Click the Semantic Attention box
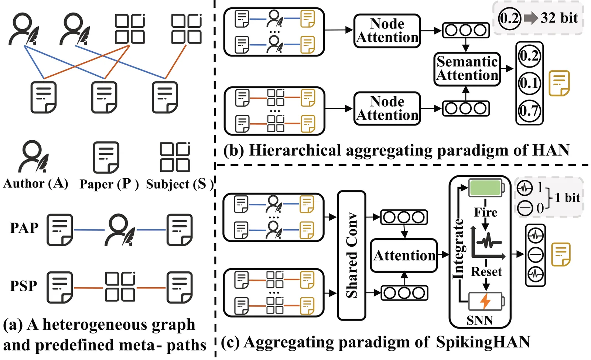click(467, 69)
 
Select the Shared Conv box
click(351, 255)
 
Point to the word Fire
click(485, 212)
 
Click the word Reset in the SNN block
click(486, 272)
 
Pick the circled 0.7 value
click(529, 110)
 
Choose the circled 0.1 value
click(529, 83)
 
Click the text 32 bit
click(559, 18)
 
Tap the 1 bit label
click(567, 198)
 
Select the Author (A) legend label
click(35, 183)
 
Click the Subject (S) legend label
click(180, 184)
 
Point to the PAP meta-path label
click(24, 228)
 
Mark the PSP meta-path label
click(24, 286)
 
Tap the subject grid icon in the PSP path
click(120, 287)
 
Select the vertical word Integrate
click(458, 249)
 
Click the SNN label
click(479, 320)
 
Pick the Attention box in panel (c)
click(404, 256)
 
